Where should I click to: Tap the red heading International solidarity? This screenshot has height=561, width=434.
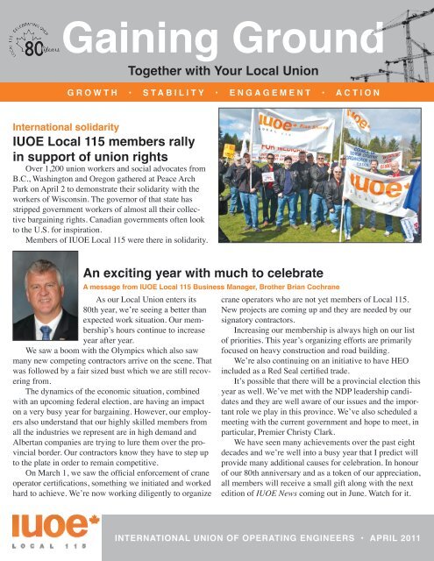click(62, 124)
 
